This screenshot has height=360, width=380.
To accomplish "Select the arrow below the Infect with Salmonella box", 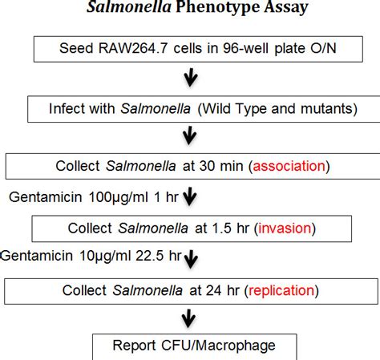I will click(190, 137).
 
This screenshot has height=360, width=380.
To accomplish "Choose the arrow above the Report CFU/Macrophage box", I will click(190, 318).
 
